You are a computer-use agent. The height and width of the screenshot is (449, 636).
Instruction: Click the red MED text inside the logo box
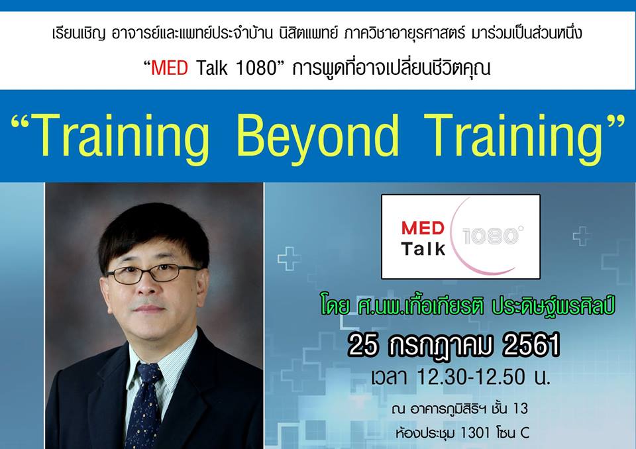422,229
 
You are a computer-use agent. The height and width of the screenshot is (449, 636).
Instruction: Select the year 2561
527,345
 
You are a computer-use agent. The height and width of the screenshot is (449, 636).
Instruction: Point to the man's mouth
150,309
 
